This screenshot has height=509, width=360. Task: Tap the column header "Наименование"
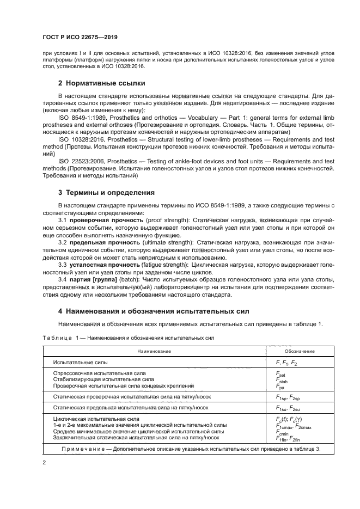154,351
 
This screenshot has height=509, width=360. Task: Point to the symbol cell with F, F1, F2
286,363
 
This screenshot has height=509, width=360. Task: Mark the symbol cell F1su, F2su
287,408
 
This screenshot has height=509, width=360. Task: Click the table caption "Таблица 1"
62,338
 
